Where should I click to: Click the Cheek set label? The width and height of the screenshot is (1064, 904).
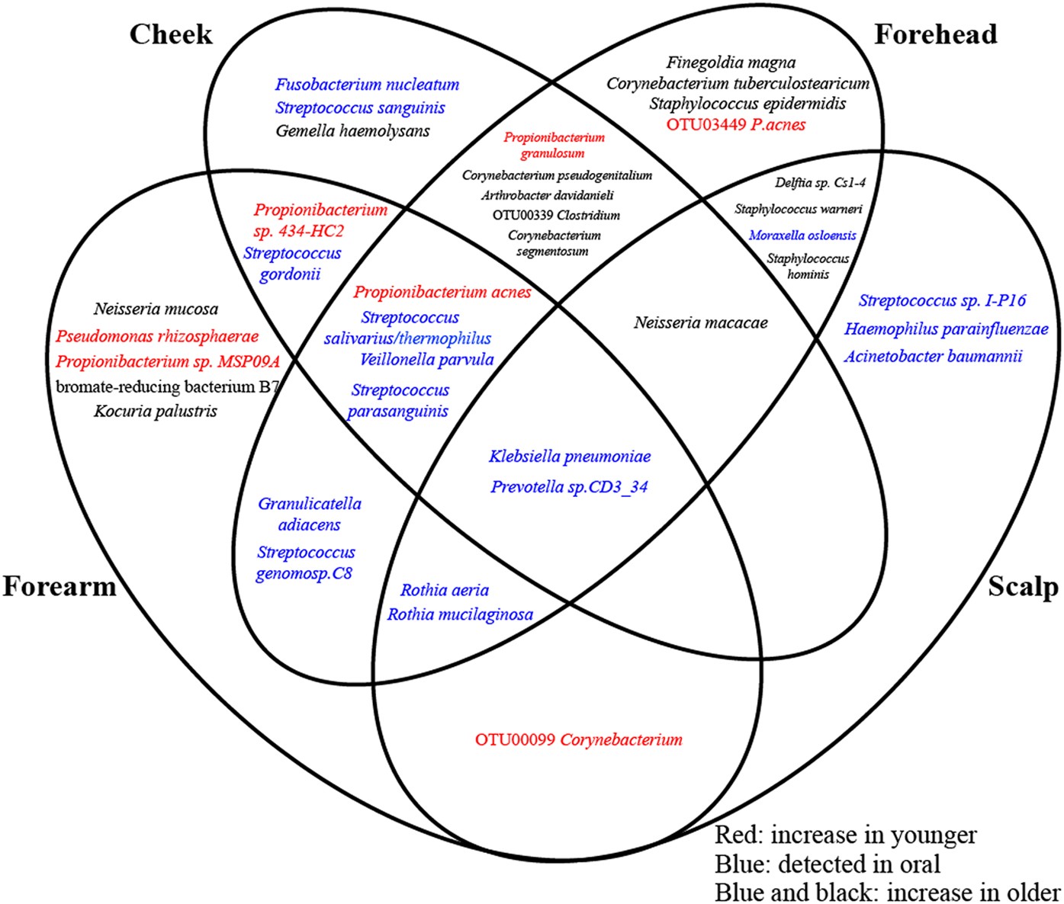tap(170, 34)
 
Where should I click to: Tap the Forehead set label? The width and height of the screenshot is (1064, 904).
tap(935, 34)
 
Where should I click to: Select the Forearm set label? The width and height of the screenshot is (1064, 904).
tap(59, 586)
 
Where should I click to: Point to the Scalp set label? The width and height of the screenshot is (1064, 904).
tap(1023, 586)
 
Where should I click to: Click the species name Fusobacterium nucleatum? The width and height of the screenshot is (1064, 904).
tap(367, 85)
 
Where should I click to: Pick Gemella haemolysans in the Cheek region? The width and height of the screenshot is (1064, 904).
tap(352, 131)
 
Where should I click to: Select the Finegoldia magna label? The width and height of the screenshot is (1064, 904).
tap(731, 63)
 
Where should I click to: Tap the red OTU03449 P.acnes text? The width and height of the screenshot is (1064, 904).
tap(735, 124)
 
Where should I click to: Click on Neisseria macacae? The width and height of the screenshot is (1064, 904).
tap(700, 323)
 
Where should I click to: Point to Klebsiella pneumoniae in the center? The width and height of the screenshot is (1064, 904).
tap(570, 457)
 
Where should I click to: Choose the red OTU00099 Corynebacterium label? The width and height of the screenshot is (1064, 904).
tap(578, 739)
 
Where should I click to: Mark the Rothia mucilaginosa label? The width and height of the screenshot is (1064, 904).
tap(460, 614)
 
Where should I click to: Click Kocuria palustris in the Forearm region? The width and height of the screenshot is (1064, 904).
tap(156, 412)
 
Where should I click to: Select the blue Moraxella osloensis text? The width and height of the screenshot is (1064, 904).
tap(802, 236)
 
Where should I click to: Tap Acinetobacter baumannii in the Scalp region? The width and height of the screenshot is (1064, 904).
tap(932, 356)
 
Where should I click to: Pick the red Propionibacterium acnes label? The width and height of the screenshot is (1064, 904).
tap(442, 293)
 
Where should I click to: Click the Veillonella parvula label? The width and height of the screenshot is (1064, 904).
tap(426, 360)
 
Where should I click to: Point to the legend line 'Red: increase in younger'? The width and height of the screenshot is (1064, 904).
tap(845, 835)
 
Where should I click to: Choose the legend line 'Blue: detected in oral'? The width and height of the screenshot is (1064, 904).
tap(828, 864)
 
